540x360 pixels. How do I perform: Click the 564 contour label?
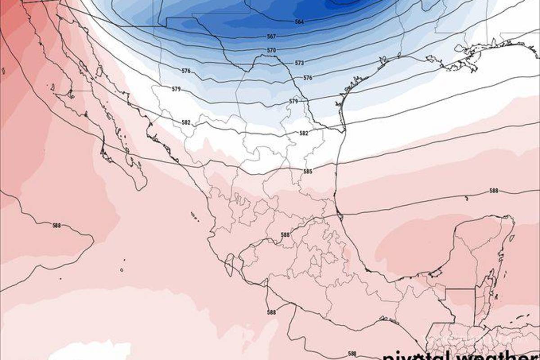coord(300,22)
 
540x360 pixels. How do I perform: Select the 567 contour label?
coord(271,36)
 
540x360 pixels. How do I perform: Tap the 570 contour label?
coord(271,50)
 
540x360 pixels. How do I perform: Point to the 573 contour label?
coord(300,63)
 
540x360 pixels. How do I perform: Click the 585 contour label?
coord(308,171)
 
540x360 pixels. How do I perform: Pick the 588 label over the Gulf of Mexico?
coord(494,191)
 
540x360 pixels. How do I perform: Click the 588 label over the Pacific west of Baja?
coord(56,225)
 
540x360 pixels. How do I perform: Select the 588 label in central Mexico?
coord(285,235)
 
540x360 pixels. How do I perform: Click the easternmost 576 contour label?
coord(307,78)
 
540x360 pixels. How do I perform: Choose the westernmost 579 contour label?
coord(176,89)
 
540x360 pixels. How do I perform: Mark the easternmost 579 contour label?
coord(293,102)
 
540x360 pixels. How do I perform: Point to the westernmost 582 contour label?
coord(186,122)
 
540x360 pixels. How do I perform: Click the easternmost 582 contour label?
coord(304,133)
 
